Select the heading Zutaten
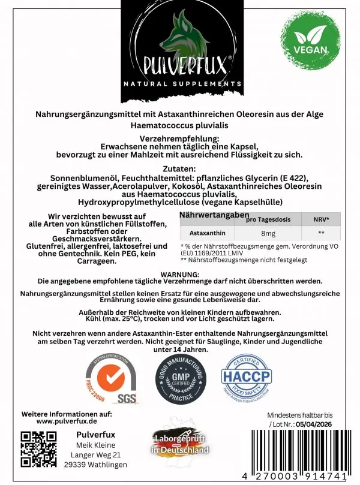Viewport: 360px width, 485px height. pos(180,168)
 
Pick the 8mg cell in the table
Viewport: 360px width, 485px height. pos(269,234)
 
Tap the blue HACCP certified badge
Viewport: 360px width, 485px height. pos(247,376)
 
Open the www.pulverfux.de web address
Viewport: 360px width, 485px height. pos(67,421)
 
